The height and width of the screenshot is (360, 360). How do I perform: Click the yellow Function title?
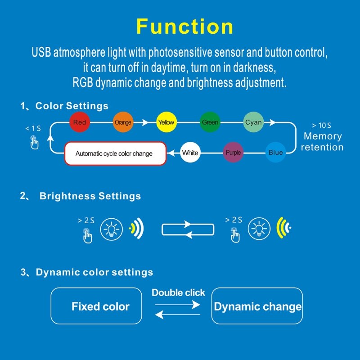tap(185, 27)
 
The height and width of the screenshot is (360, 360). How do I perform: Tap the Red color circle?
tap(80, 122)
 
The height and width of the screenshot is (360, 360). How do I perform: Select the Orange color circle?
tap(123, 122)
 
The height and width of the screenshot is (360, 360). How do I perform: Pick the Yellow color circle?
tap(166, 122)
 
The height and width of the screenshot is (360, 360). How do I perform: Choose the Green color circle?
tap(210, 122)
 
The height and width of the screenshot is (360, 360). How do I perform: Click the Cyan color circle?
tap(253, 122)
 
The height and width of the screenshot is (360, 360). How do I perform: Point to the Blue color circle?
tap(275, 153)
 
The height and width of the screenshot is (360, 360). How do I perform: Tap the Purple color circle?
tap(233, 153)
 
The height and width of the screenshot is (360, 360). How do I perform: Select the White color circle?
tap(190, 153)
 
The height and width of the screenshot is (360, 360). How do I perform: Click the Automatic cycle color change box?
tap(115, 153)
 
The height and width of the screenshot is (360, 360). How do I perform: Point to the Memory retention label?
tap(322, 142)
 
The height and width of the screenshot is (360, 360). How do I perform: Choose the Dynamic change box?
tap(257, 306)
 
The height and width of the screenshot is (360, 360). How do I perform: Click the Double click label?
tap(178, 292)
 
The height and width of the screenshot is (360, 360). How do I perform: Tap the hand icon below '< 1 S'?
tap(34, 143)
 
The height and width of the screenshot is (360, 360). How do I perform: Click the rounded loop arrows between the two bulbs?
tap(188, 229)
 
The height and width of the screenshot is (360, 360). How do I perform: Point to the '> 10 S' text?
tap(321, 126)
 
